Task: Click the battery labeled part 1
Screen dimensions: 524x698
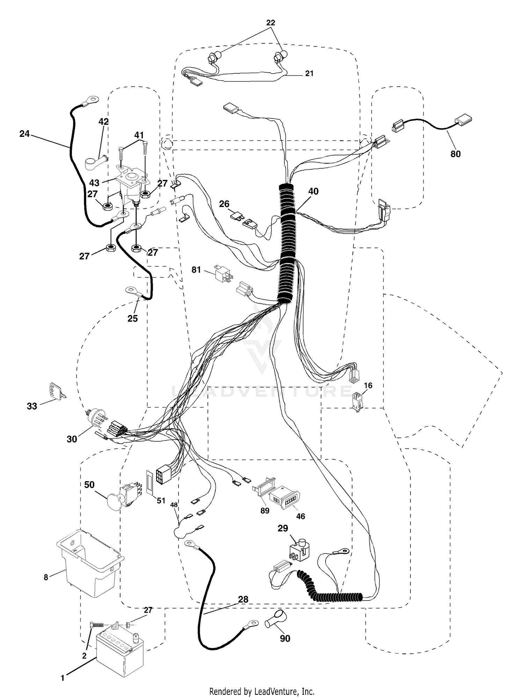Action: tap(120, 653)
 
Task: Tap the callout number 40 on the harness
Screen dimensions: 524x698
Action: tap(313, 191)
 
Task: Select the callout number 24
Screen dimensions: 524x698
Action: tap(24, 134)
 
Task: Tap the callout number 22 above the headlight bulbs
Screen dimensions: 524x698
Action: tap(271, 23)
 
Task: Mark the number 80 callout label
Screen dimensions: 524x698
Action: tap(456, 154)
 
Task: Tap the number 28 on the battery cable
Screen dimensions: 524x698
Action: tap(243, 599)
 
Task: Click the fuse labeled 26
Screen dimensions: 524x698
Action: tap(236, 217)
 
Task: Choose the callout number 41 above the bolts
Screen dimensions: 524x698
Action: tap(139, 135)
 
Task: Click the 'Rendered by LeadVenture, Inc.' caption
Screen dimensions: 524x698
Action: tap(262, 691)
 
